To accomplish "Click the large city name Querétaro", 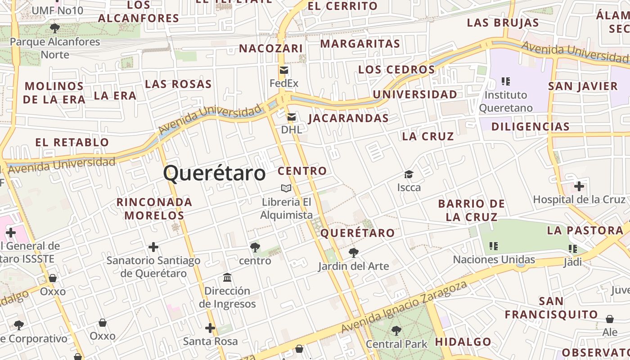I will pyautogui.click(x=214, y=173).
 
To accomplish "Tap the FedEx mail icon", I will pyautogui.click(x=284, y=70).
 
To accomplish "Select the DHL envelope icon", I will pyautogui.click(x=292, y=117).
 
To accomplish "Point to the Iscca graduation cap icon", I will pyautogui.click(x=409, y=174).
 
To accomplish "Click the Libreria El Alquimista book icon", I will pyautogui.click(x=286, y=189).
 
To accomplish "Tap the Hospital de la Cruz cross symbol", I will pyautogui.click(x=579, y=186).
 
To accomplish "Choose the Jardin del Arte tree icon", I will pyautogui.click(x=354, y=252).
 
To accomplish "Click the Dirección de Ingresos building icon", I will pyautogui.click(x=227, y=277).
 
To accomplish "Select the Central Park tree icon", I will pyautogui.click(x=396, y=331).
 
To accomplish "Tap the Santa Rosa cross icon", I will pyautogui.click(x=210, y=328).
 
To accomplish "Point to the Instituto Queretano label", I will pyautogui.click(x=506, y=101).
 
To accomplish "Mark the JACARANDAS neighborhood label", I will pyautogui.click(x=348, y=118).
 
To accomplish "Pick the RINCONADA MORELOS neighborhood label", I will pyautogui.click(x=154, y=209).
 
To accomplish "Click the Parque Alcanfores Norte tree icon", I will pyautogui.click(x=55, y=28).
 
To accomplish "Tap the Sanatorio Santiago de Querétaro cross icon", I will pyautogui.click(x=153, y=247).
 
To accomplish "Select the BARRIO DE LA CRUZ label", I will pyautogui.click(x=472, y=210).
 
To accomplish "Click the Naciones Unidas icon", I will pyautogui.click(x=494, y=246).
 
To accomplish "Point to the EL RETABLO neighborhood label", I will pyautogui.click(x=72, y=143).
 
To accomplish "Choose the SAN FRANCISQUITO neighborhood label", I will pyautogui.click(x=551, y=307).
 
